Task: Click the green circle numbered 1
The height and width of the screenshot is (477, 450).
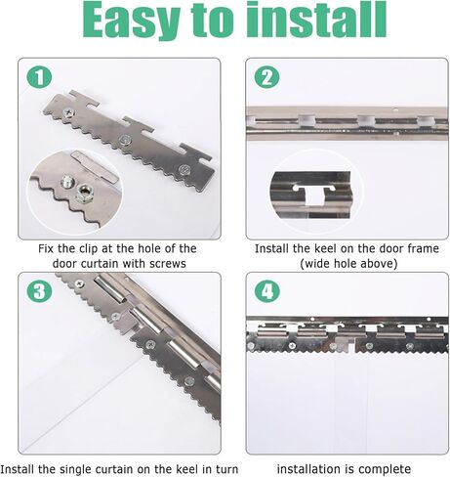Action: pos(39,77)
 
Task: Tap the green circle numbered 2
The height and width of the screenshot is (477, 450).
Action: pos(266,77)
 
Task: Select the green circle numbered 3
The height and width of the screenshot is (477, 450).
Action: pos(39,291)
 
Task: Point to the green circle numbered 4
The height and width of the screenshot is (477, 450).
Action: pos(266,291)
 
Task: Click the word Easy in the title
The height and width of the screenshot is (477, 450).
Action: pos(131,21)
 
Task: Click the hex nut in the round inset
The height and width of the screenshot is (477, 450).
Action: pos(85,194)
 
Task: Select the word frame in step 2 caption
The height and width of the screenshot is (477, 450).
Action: pos(422,248)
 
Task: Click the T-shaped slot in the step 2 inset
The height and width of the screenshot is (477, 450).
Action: pos(314,195)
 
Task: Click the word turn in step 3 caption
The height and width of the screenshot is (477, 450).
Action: pos(227,469)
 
